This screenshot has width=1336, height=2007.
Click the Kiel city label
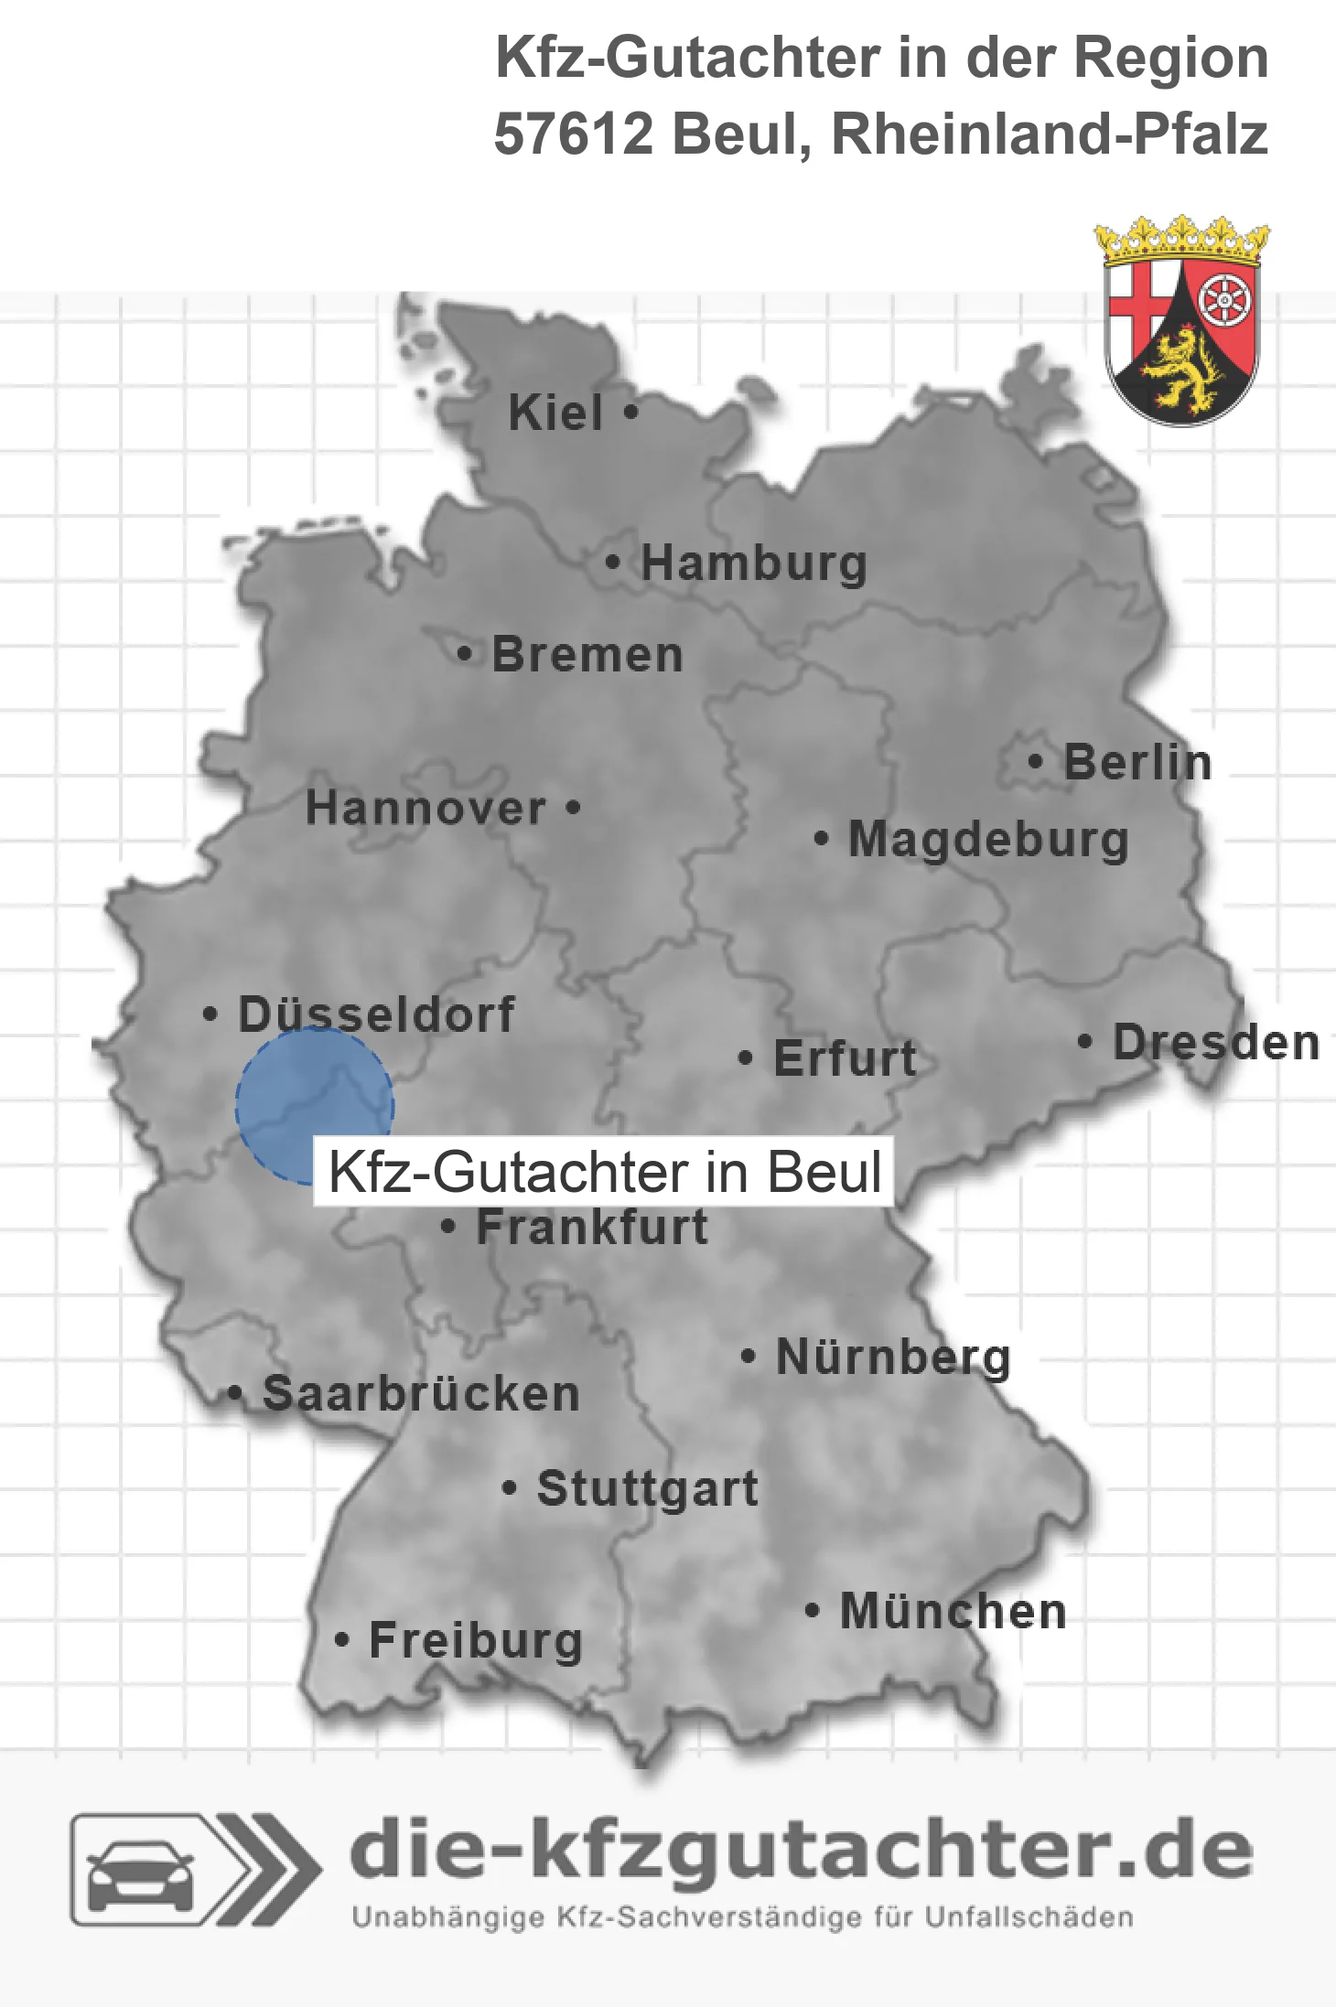tap(555, 413)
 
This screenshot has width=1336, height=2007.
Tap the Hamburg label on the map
tap(753, 563)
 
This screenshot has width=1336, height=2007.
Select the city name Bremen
tap(587, 655)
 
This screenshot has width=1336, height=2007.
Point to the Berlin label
tap(1137, 762)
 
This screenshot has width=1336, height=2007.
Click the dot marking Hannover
tap(573, 808)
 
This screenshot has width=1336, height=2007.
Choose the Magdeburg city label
tap(988, 839)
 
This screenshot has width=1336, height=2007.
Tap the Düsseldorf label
tap(376, 1014)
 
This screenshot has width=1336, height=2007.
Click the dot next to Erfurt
tap(746, 1058)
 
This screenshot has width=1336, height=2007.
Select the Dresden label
tap(1216, 1042)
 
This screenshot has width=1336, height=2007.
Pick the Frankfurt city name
tap(592, 1227)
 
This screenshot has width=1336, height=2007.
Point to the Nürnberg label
tap(893, 1357)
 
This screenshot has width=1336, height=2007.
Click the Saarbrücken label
tap(421, 1393)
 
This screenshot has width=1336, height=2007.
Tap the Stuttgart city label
tap(647, 1488)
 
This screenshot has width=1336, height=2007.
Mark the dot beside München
tap(812, 1611)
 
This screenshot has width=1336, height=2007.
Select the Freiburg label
tap(475, 1640)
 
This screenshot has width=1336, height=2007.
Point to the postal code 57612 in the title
tap(574, 134)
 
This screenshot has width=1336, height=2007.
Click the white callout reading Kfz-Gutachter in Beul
tap(604, 1172)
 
